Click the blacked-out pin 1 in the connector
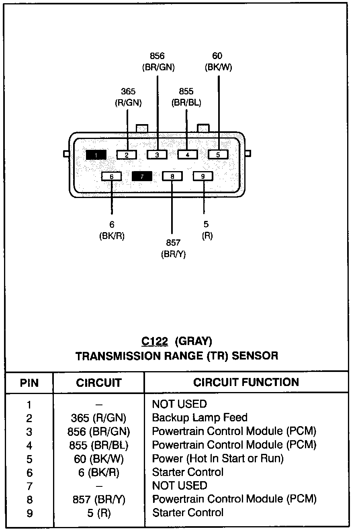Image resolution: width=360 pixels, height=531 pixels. (x=96, y=155)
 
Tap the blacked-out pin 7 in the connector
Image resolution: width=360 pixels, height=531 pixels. (x=142, y=176)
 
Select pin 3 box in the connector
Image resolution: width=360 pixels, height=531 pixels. (x=157, y=155)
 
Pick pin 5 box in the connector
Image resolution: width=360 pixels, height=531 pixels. (x=218, y=155)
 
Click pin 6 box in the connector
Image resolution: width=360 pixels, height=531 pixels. (x=112, y=176)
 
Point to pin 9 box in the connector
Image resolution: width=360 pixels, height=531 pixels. (x=203, y=176)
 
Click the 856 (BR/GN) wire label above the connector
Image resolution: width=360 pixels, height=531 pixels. (x=158, y=62)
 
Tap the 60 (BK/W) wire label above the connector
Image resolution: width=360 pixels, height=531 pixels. (x=218, y=62)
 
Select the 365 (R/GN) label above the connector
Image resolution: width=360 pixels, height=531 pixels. (x=128, y=97)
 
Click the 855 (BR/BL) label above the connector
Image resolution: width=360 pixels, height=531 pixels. (x=186, y=97)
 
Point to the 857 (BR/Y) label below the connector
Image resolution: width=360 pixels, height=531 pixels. (x=173, y=248)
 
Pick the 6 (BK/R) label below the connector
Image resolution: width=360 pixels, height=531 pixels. (x=112, y=231)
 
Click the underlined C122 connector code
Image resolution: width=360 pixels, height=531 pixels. (x=154, y=341)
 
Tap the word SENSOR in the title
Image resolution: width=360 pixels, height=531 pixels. (x=255, y=355)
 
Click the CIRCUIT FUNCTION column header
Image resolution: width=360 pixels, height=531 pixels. (x=246, y=382)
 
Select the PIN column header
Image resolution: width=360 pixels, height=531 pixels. (x=29, y=383)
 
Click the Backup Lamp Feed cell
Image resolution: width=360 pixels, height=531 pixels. (x=199, y=418)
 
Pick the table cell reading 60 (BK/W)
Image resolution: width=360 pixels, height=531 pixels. (x=99, y=459)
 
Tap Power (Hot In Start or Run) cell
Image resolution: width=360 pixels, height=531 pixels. (x=217, y=458)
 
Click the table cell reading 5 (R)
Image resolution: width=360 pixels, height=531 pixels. (x=99, y=513)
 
